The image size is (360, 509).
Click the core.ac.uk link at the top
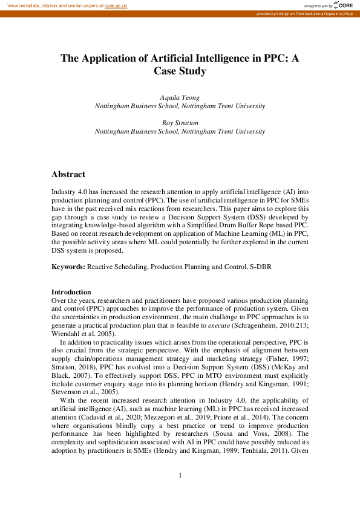(116, 5)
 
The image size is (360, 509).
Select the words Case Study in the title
(180, 71)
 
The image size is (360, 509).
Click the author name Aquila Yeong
(180, 97)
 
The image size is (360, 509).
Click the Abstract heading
(68, 174)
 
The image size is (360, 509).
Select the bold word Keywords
(68, 266)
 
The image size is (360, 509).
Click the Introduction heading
(71, 292)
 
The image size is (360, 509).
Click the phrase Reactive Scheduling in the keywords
(117, 266)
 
